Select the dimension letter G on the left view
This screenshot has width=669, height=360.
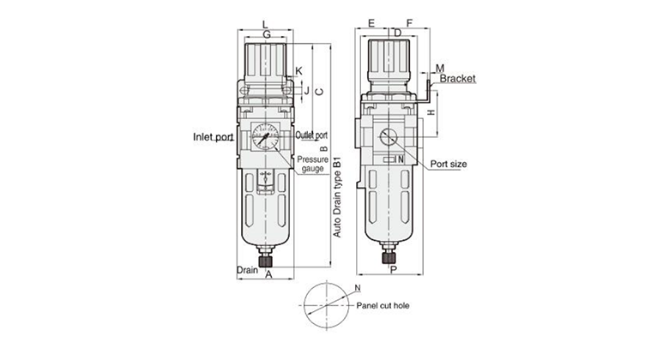[x=266, y=34]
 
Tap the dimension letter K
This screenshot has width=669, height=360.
[x=298, y=70]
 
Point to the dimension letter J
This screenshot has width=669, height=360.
[x=305, y=88]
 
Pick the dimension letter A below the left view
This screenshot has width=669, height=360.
[x=268, y=275]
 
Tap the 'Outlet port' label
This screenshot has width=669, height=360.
[x=312, y=135]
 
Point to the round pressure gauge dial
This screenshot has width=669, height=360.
[x=266, y=137]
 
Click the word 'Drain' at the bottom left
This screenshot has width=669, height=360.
[x=247, y=270]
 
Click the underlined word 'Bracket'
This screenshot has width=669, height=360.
[x=457, y=78]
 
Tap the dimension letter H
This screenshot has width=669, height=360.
[x=432, y=112]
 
